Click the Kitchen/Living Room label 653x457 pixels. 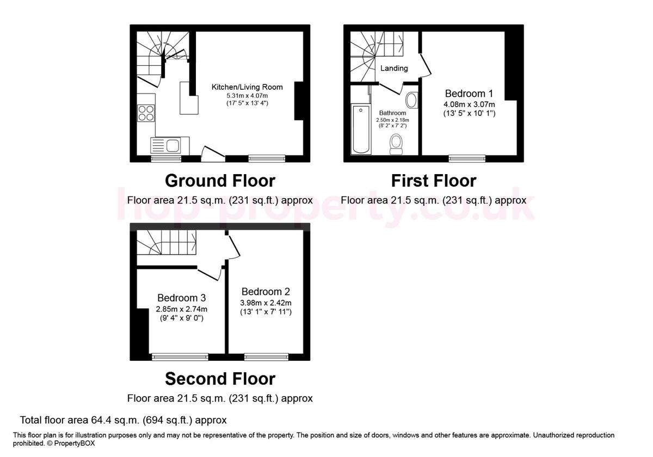click(x=247, y=87)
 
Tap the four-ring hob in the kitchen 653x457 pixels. click(x=146, y=113)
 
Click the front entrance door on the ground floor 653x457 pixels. click(x=213, y=153)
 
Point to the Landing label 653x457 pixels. click(x=394, y=68)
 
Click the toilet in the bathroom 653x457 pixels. click(x=396, y=144)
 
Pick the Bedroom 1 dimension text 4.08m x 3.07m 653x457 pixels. click(x=469, y=104)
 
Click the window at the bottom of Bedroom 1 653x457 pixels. click(x=466, y=158)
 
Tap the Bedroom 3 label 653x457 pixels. click(x=181, y=298)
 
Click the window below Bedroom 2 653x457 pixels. click(x=266, y=357)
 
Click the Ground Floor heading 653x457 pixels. click(x=220, y=181)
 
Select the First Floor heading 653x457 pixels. click(x=434, y=181)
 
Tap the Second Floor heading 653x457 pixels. click(x=220, y=379)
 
